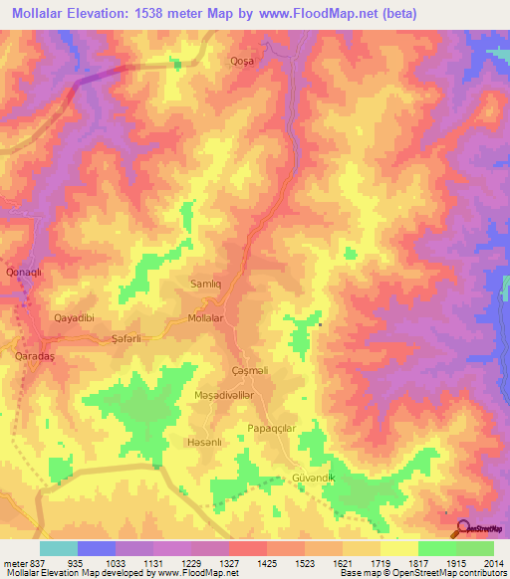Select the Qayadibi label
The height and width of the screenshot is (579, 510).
click(73, 318)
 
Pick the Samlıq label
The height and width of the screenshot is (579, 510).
click(209, 283)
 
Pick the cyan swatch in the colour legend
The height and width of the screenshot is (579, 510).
click(59, 548)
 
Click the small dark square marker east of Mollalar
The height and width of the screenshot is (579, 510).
click(320, 324)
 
